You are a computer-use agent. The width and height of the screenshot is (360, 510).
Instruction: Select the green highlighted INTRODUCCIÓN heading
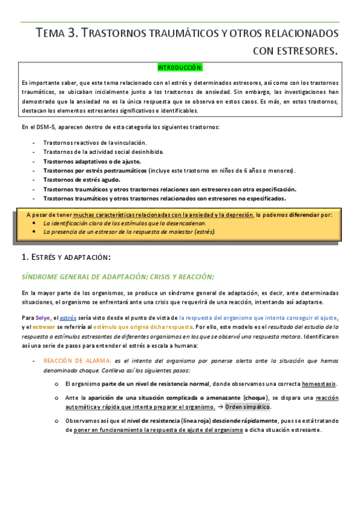click(x=180, y=67)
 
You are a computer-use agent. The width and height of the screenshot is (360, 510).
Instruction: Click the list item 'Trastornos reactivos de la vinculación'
click(x=95, y=143)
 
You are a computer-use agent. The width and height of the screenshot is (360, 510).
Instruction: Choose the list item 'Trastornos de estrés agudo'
click(x=82, y=179)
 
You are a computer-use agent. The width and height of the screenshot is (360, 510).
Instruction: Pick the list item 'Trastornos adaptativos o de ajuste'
click(x=92, y=161)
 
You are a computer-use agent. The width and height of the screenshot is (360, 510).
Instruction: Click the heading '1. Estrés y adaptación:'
click(x=66, y=257)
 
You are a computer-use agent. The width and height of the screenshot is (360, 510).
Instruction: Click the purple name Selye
click(x=43, y=317)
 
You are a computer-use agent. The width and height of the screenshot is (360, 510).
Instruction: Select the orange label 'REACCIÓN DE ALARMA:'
click(x=77, y=361)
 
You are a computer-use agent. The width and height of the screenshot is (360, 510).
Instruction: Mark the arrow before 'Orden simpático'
click(x=220, y=407)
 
